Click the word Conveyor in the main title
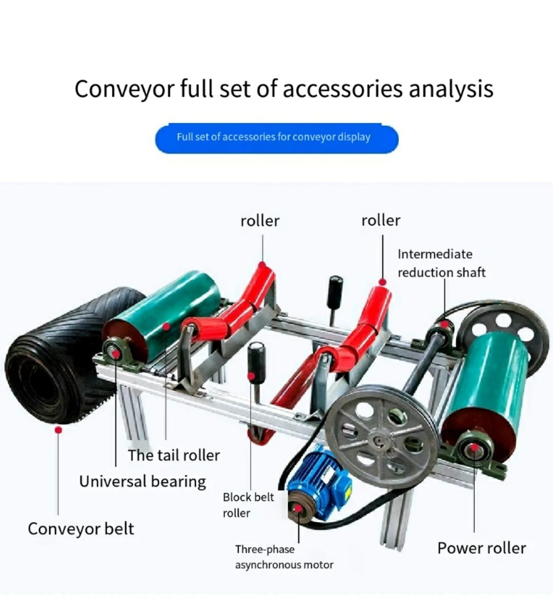[124, 89]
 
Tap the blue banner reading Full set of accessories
[276, 138]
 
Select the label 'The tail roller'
[174, 455]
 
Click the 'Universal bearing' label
[142, 481]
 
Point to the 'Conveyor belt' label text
[81, 529]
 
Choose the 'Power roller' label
[481, 548]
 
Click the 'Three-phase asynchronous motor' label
[284, 557]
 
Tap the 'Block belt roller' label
[248, 505]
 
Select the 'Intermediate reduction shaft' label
[441, 263]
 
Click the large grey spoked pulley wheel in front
[382, 436]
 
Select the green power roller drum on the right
[484, 390]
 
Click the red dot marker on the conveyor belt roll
[58, 429]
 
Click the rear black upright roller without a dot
[335, 291]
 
